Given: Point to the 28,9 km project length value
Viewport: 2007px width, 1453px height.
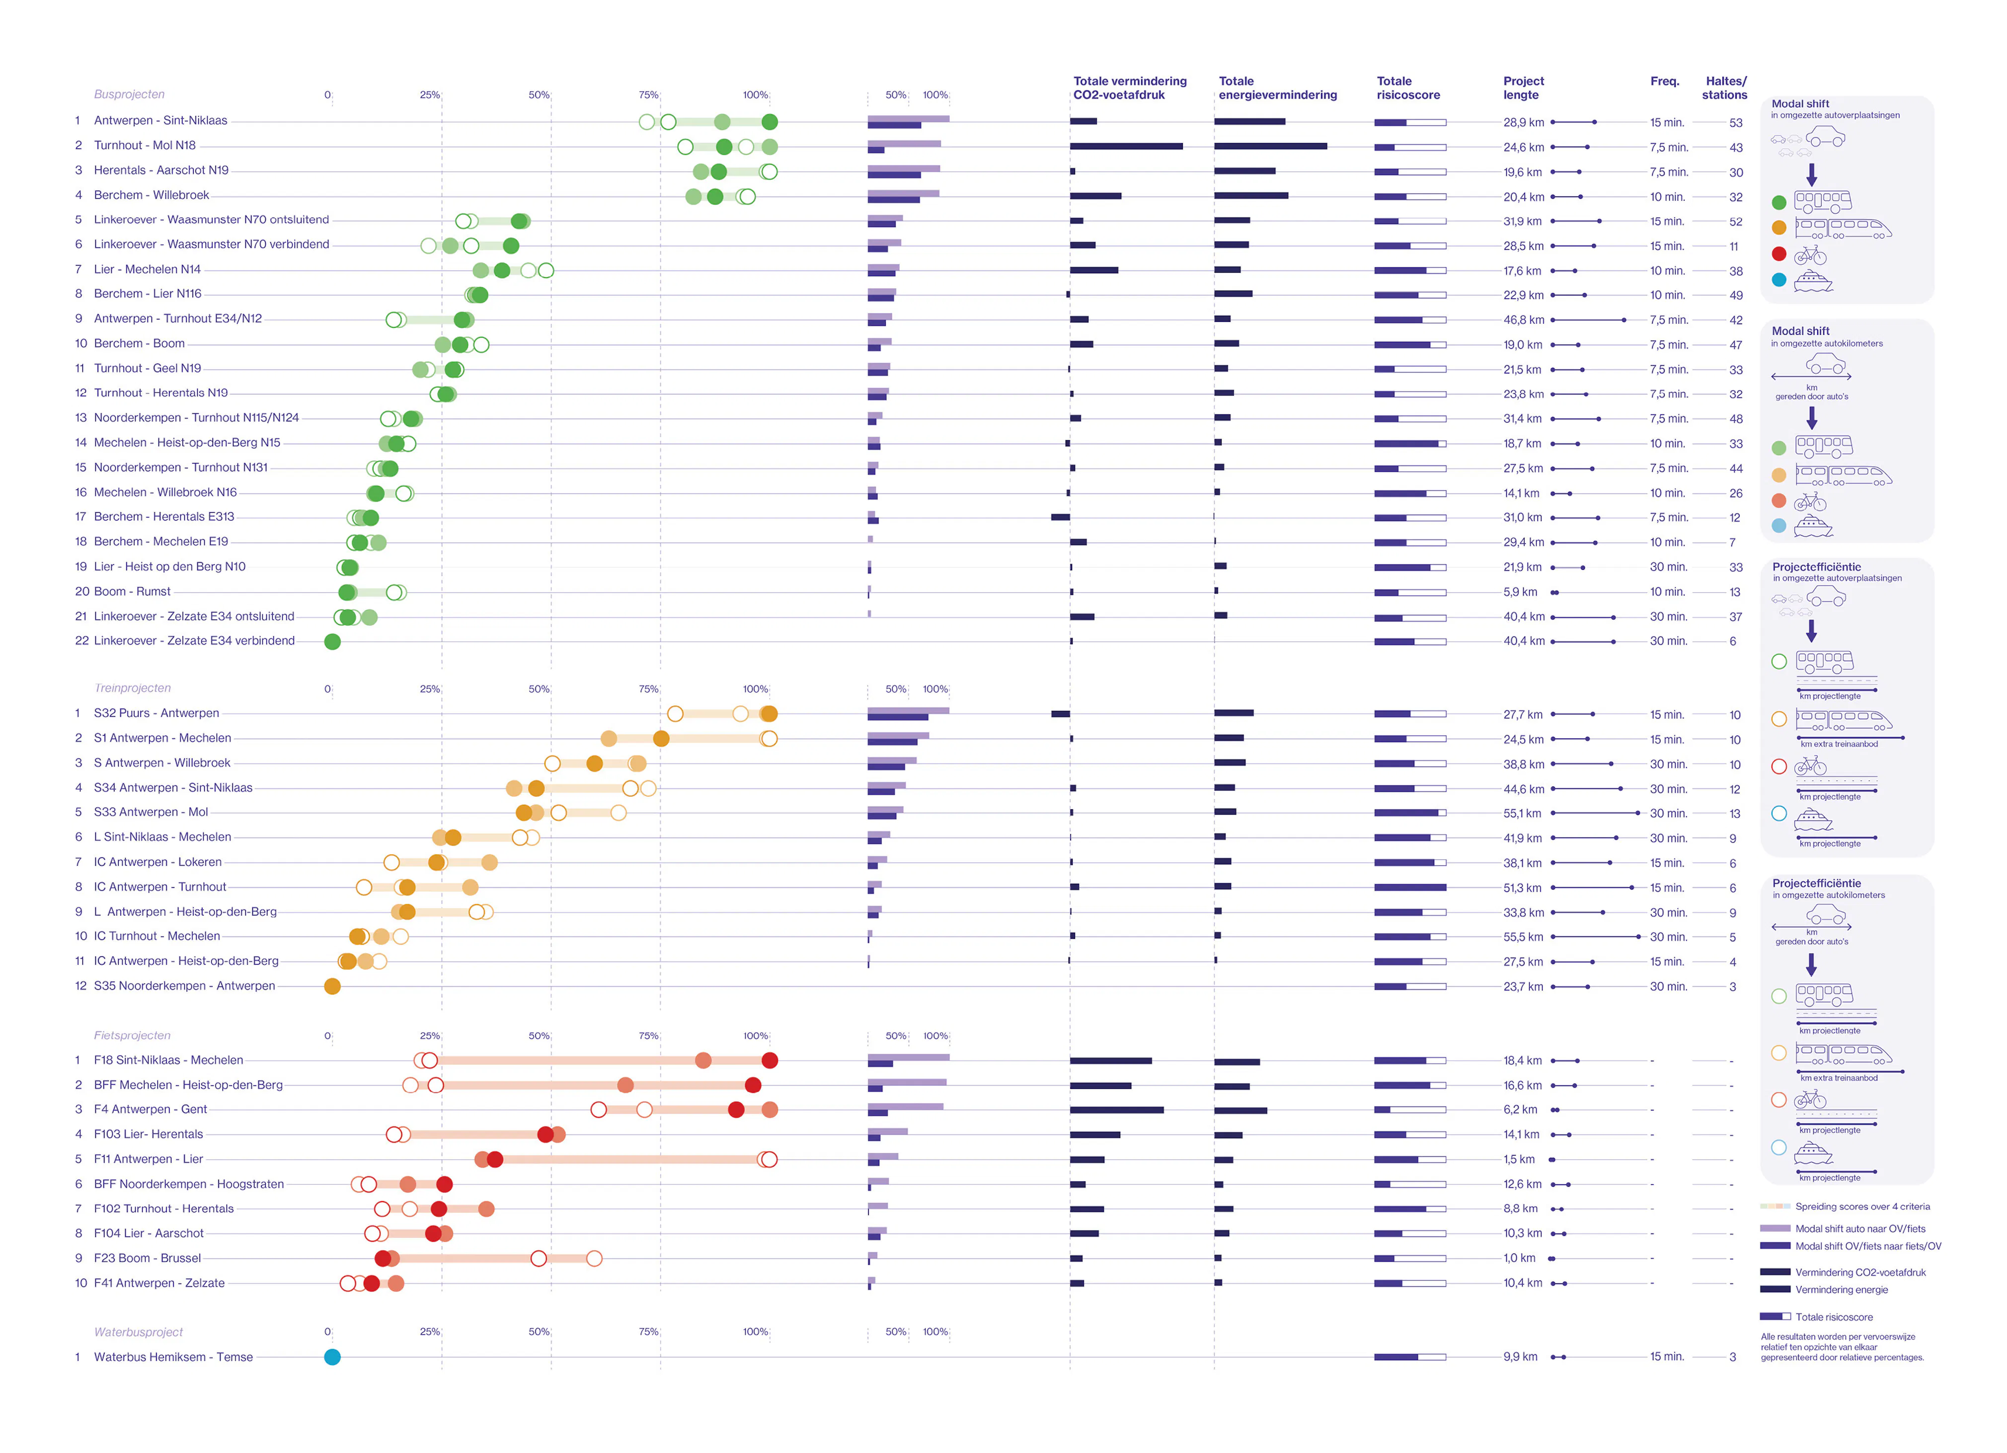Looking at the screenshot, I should (1523, 122).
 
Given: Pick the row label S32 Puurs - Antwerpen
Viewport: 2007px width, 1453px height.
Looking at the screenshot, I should (156, 713).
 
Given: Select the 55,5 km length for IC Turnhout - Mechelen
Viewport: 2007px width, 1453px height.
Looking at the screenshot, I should (1523, 937).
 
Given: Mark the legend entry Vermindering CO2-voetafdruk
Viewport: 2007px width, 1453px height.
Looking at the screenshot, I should (1860, 1273).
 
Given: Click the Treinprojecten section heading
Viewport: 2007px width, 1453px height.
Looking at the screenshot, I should (133, 688).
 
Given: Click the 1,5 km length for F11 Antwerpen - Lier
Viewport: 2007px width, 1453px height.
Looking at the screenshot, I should (1519, 1159).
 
